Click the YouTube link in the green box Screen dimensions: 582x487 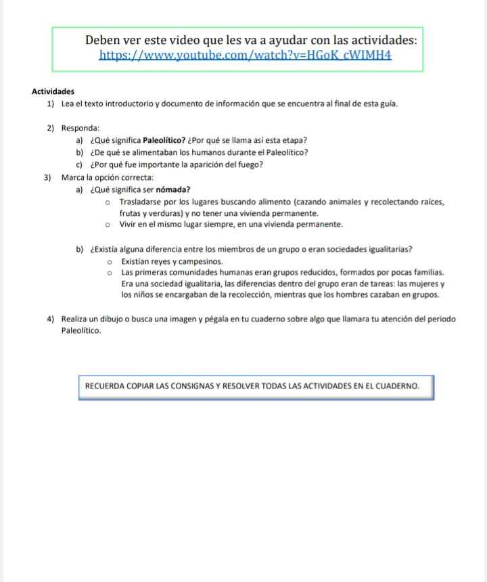pyautogui.click(x=246, y=55)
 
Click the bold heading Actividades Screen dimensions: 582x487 pyautogui.click(x=53, y=91)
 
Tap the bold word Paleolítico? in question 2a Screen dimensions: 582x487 pyautogui.click(x=164, y=141)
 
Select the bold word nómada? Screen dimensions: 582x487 pyautogui.click(x=172, y=189)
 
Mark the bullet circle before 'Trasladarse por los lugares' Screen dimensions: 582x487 pyautogui.click(x=108, y=202)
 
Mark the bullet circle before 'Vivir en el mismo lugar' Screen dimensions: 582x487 pyautogui.click(x=108, y=224)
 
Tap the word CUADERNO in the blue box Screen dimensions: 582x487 pyautogui.click(x=393, y=386)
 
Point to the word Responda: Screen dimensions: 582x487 pyautogui.click(x=80, y=128)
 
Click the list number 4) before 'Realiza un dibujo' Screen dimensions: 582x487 pyautogui.click(x=51, y=319)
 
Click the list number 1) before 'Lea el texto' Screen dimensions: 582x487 pyautogui.click(x=51, y=104)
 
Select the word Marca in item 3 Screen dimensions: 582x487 pyautogui.click(x=72, y=177)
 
